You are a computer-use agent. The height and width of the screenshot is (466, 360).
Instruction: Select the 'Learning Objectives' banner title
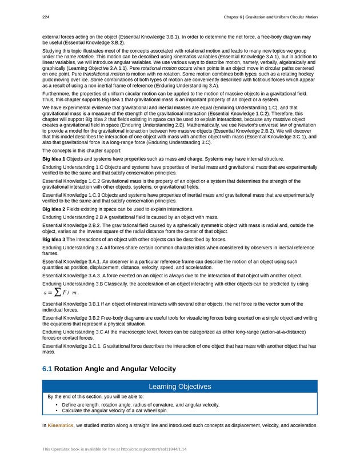[x=179, y=387]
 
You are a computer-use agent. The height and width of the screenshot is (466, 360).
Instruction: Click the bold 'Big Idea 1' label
[x=54, y=158]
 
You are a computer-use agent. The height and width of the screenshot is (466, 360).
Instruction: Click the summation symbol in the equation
[x=56, y=293]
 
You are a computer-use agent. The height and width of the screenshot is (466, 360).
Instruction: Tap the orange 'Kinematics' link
[x=61, y=425]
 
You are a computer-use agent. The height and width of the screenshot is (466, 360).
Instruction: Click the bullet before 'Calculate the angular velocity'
[x=57, y=410]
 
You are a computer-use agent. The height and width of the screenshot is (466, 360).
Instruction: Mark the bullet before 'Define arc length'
[x=57, y=404]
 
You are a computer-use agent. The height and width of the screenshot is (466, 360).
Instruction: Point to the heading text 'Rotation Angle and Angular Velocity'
[x=115, y=369]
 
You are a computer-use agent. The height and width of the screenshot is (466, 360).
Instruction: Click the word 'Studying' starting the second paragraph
[x=51, y=51]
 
